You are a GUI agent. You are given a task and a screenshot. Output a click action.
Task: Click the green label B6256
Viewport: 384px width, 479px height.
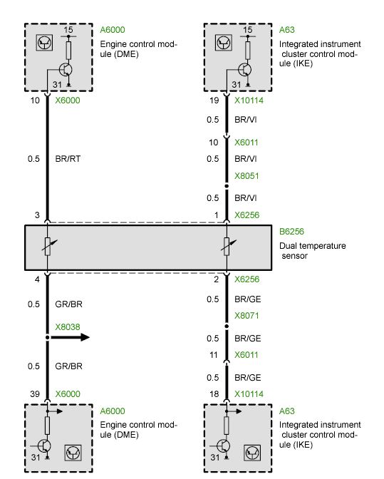[x=291, y=232]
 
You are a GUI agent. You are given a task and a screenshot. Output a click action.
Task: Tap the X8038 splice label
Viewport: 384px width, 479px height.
[x=68, y=327]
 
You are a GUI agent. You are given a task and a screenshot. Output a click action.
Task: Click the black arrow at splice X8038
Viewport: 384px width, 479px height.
[x=70, y=337]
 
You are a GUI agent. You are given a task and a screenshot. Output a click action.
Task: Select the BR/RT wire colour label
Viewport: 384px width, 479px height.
[x=68, y=159]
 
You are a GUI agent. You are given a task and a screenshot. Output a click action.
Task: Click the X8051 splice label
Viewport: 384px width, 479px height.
[x=247, y=176]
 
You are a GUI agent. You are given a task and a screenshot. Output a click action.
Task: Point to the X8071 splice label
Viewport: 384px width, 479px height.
[x=247, y=316]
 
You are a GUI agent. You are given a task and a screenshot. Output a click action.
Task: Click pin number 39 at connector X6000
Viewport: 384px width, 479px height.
[x=35, y=394]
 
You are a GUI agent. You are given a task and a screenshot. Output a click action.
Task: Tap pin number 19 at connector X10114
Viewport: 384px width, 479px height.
[x=214, y=101]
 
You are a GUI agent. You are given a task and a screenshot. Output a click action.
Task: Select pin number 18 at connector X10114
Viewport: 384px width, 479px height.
[x=214, y=394]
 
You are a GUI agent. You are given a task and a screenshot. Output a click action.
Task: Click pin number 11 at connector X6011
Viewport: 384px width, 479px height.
[x=213, y=355]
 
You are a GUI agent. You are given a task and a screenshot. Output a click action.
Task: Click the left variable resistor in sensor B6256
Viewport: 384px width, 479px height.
[x=48, y=246]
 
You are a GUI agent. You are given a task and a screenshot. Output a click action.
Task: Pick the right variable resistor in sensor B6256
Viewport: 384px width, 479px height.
[x=228, y=246]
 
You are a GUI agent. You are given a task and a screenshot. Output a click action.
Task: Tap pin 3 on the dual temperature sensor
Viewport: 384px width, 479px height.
[x=37, y=215]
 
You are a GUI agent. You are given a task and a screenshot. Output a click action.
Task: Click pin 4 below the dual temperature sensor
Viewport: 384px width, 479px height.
[x=37, y=279]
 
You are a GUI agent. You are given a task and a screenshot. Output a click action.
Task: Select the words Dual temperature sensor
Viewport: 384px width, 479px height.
[x=313, y=251]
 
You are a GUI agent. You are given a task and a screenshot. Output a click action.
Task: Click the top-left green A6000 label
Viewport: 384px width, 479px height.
[x=113, y=30]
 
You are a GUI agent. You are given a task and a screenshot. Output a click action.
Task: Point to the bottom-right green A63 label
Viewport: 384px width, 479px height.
[x=286, y=411]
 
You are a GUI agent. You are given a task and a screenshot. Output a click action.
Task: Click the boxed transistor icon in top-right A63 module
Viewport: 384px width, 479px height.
[x=224, y=43]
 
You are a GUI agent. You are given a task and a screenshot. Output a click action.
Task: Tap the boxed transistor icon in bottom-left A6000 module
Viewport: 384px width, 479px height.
[x=73, y=453]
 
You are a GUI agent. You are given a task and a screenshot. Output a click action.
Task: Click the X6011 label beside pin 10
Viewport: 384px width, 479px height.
[x=246, y=143]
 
